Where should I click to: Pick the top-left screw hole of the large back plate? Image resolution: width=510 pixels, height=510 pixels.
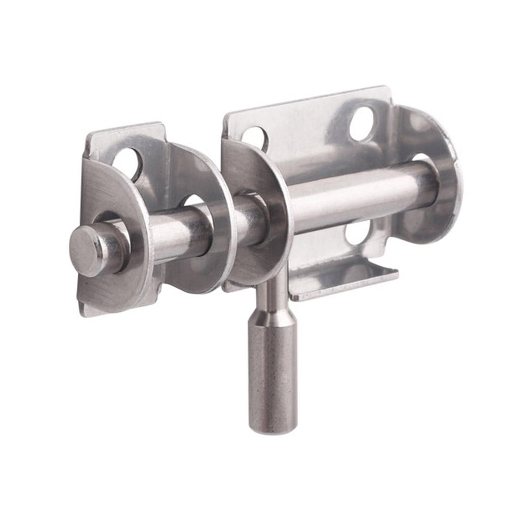tap(255, 137)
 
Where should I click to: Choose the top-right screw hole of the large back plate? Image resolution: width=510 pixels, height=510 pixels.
tap(363, 123)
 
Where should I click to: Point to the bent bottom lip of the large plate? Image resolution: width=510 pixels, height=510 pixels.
tap(346, 280)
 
